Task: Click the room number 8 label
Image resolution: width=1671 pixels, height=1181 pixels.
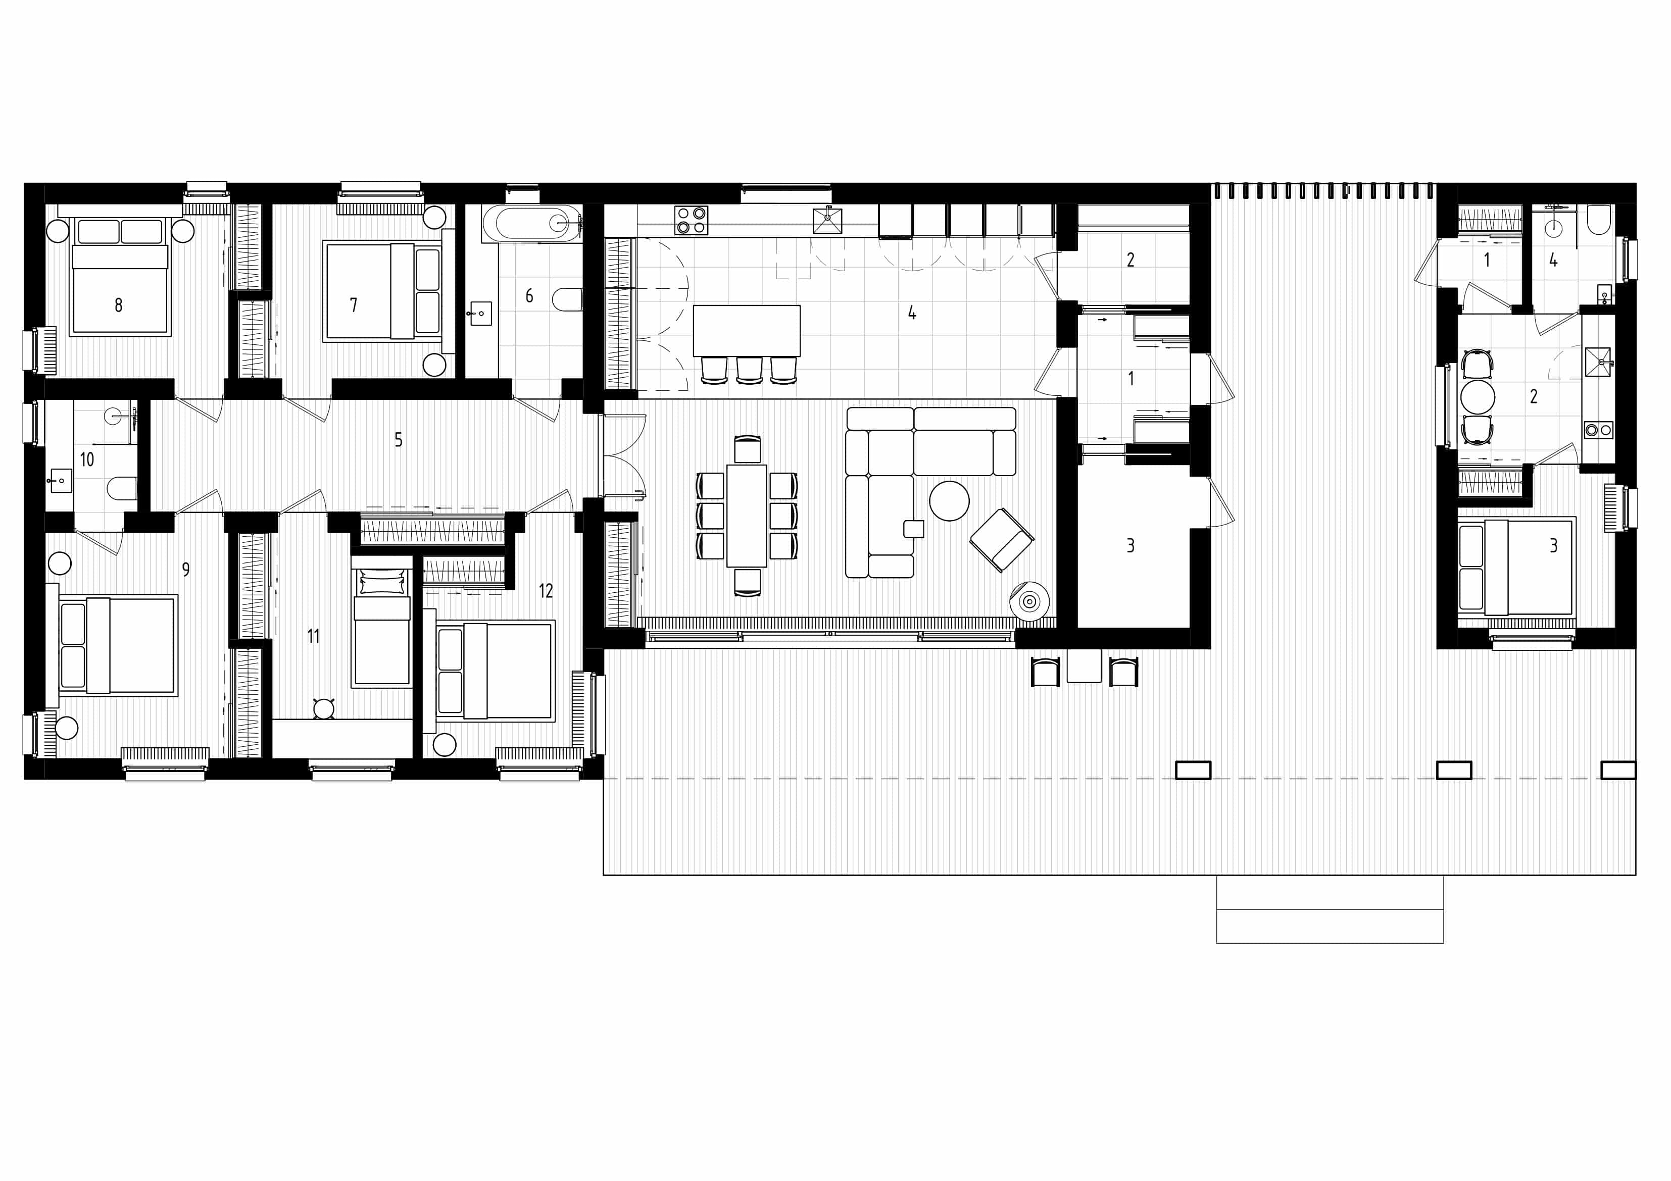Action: tap(119, 305)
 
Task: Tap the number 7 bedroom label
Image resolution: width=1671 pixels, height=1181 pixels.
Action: tap(354, 305)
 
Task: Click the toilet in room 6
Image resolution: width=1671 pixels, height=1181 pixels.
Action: tap(568, 299)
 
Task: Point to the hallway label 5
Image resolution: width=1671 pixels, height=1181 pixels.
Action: tap(398, 439)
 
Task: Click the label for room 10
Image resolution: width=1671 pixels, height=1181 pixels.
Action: tap(87, 459)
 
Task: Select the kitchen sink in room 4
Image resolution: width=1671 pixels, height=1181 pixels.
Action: tap(827, 220)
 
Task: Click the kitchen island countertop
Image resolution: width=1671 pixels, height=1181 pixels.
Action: tap(747, 331)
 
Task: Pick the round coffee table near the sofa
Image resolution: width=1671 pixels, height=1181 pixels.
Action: tap(949, 501)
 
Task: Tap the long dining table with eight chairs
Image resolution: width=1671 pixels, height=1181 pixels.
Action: tap(747, 515)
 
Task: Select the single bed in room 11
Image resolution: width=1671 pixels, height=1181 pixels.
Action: tap(381, 627)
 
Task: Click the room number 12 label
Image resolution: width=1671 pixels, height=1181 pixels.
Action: tap(546, 591)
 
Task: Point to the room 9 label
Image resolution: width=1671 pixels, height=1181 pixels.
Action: tap(186, 570)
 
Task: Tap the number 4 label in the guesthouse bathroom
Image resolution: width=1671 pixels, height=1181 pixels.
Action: tap(1553, 260)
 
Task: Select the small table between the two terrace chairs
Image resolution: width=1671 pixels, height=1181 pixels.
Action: tap(1084, 666)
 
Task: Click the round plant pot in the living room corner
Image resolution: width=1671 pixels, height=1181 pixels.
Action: tap(1029, 601)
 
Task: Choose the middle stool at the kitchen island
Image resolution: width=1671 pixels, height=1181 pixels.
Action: tap(749, 369)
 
